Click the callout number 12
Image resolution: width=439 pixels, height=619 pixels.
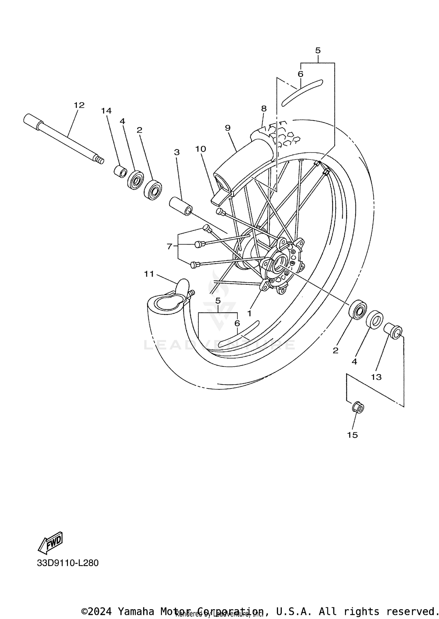point(79,105)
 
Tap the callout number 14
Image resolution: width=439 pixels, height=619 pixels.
point(107,111)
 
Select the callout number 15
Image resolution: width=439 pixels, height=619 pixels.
point(352,435)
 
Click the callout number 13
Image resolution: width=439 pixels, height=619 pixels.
point(376,377)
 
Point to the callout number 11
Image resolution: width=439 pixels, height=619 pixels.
point(149,274)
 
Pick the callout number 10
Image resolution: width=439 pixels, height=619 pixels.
point(201,149)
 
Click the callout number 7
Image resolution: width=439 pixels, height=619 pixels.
point(169,247)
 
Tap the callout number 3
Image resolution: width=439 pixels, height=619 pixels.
point(176,152)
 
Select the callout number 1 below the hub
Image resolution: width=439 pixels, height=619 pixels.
point(249,313)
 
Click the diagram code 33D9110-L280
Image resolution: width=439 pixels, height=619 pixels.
point(68,563)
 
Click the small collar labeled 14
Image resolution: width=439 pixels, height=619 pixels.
point(120,172)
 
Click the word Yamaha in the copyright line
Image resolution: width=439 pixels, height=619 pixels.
point(136,611)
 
